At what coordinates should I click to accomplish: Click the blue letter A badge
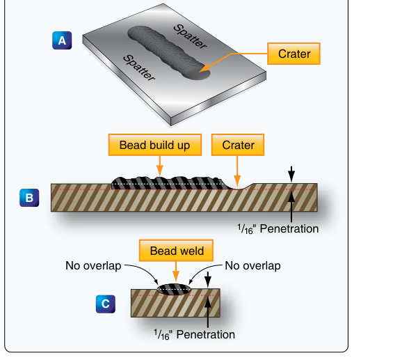pyautogui.click(x=62, y=40)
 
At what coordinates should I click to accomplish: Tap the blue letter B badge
pyautogui.click(x=29, y=198)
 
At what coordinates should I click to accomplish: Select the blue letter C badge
pyautogui.click(x=106, y=304)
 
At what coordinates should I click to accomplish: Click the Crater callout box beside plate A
pyautogui.click(x=294, y=54)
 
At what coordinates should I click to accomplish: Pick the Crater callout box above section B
pyautogui.click(x=238, y=145)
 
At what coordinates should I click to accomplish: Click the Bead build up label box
pyautogui.click(x=155, y=145)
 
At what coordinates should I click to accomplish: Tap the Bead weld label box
pyautogui.click(x=176, y=251)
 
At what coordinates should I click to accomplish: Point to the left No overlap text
pyautogui.click(x=93, y=266)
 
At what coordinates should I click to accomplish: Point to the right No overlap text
pyautogui.click(x=252, y=266)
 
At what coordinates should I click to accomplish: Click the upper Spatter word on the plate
pyautogui.click(x=191, y=36)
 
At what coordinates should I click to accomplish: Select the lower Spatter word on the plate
pyautogui.click(x=139, y=68)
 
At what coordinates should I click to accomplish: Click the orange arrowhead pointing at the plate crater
pyautogui.click(x=204, y=68)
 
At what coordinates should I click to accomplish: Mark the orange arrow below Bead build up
pyautogui.click(x=160, y=166)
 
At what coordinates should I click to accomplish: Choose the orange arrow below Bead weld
pyautogui.click(x=176, y=272)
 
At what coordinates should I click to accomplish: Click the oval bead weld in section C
pyautogui.click(x=174, y=289)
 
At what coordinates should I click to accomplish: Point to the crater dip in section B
pyautogui.click(x=238, y=187)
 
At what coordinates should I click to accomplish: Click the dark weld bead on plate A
pyautogui.click(x=168, y=53)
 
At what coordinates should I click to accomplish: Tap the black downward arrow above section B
pyautogui.click(x=291, y=173)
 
